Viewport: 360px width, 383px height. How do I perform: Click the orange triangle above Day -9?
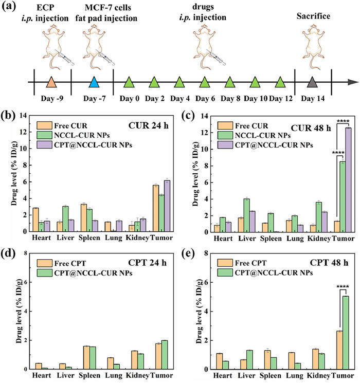(x=50, y=82)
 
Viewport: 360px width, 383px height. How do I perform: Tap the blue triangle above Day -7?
(x=94, y=82)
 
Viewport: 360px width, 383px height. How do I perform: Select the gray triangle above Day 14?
(x=311, y=82)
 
